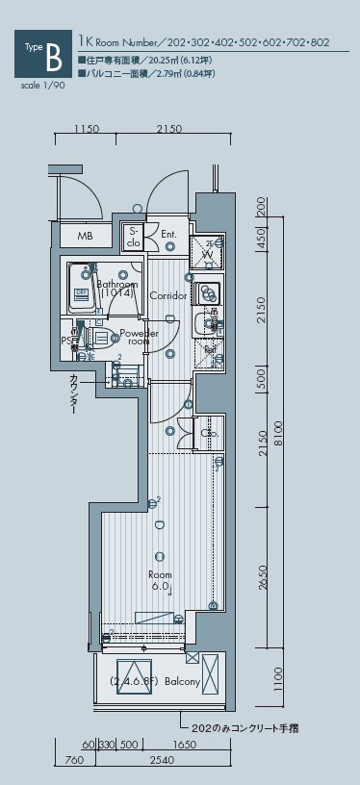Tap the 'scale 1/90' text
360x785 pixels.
(39, 85)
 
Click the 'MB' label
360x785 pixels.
(85, 236)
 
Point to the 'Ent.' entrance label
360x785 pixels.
(168, 234)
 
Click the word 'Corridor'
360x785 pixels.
(167, 295)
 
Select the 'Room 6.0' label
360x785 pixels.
(159, 580)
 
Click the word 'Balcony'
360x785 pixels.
(182, 682)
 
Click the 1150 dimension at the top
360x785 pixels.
(87, 129)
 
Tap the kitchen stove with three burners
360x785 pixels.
(205, 293)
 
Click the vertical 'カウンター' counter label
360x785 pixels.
(73, 395)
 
